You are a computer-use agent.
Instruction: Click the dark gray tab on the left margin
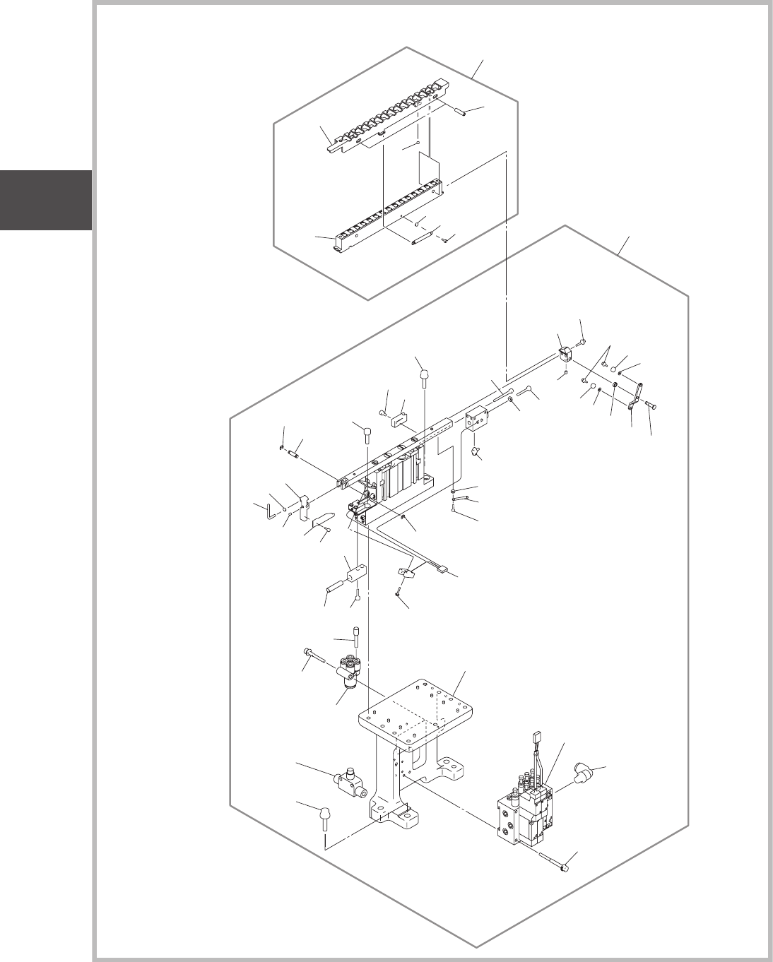[46, 200]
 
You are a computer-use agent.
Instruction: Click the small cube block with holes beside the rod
[478, 420]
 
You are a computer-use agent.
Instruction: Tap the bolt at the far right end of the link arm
[651, 405]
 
